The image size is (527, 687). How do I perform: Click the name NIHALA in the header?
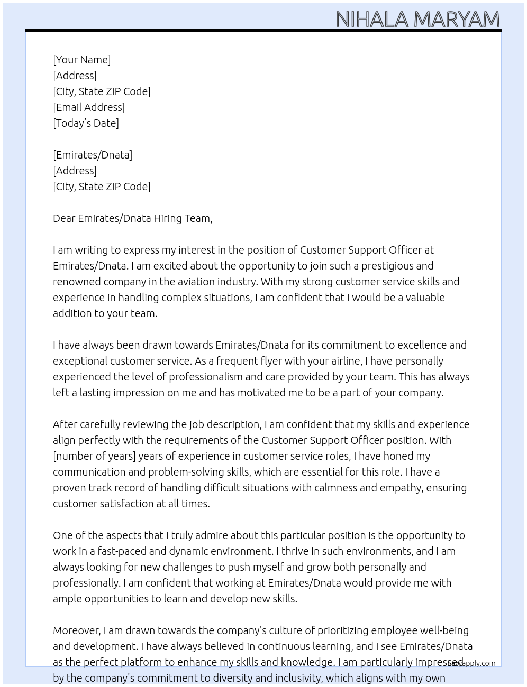point(371,20)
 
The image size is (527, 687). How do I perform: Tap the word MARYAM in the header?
point(456,20)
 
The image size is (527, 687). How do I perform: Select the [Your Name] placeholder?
point(81,60)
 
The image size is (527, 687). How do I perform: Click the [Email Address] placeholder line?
point(89,107)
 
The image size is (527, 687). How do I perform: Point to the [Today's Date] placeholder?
point(86,123)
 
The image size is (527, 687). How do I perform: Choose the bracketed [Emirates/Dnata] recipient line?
point(93,155)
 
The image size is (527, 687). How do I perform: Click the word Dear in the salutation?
point(64,218)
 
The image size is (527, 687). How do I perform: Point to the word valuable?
point(425,298)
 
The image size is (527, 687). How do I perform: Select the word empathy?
point(401,488)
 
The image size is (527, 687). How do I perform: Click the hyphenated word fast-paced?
point(121,551)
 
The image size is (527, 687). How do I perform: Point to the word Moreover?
point(77,630)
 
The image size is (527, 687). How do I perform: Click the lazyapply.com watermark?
point(472,663)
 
